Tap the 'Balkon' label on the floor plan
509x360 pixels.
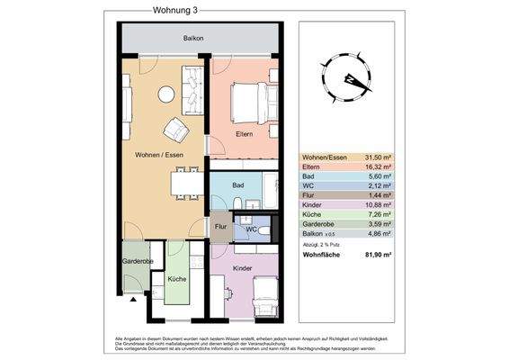pyautogui.click(x=192, y=39)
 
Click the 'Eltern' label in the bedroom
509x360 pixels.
pyautogui.click(x=244, y=135)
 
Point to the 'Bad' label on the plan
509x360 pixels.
pyautogui.click(x=237, y=185)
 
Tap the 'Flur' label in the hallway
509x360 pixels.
pyautogui.click(x=219, y=227)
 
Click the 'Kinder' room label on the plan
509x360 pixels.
pyautogui.click(x=242, y=268)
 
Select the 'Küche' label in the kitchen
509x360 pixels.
pyautogui.click(x=177, y=279)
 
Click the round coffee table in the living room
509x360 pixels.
pyautogui.click(x=166, y=94)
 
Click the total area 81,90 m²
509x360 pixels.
pyautogui.click(x=378, y=256)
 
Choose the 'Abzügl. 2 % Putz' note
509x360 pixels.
pyautogui.click(x=321, y=243)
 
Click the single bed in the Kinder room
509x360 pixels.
pyautogui.click(x=265, y=297)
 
